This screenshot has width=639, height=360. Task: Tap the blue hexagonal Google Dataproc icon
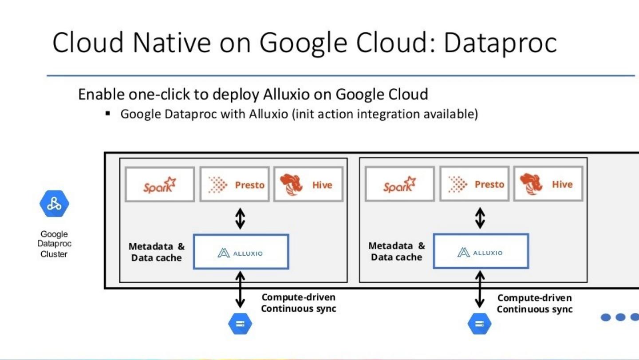tap(54, 204)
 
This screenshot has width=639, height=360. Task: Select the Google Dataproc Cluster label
tap(54, 244)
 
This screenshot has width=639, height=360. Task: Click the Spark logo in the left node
tap(160, 184)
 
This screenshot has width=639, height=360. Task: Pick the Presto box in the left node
tap(235, 184)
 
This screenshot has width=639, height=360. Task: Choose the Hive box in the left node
tap(308, 184)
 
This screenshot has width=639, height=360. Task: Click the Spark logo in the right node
tap(399, 184)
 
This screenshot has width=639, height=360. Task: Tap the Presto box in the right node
tap(474, 184)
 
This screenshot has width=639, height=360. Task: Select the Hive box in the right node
tap(548, 184)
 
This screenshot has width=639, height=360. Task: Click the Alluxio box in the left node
tap(241, 252)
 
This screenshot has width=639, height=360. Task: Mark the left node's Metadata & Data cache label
tap(157, 252)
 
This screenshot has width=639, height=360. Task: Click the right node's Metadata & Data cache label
tap(396, 252)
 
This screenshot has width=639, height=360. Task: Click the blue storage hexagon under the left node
tap(240, 324)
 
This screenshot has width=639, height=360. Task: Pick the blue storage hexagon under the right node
tap(480, 324)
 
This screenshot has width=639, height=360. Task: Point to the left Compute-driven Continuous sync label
tap(298, 303)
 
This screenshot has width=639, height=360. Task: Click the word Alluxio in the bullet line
tap(269, 114)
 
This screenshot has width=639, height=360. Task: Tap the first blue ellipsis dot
tap(607, 317)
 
